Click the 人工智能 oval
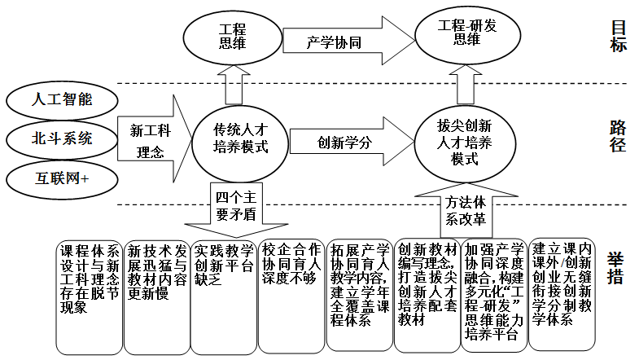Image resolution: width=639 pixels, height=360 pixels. [x=62, y=101]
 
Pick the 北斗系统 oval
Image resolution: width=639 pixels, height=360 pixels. [x=62, y=138]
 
